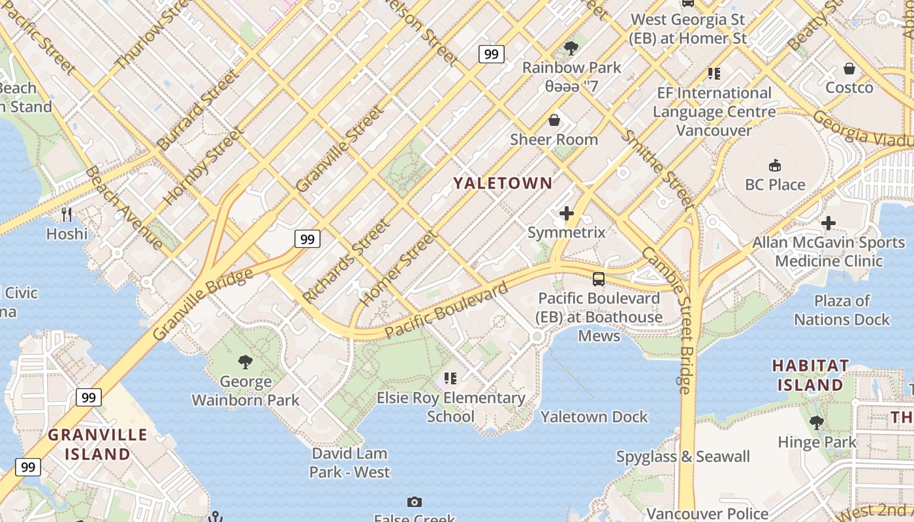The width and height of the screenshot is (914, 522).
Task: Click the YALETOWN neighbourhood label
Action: point(503,183)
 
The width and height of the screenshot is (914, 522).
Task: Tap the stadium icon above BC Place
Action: point(775,164)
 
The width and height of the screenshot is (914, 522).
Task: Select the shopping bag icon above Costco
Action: point(849,68)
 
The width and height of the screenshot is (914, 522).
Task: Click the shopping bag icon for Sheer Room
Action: point(554,120)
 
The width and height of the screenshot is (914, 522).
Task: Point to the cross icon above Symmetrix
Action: point(566,213)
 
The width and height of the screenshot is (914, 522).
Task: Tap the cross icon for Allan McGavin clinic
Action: point(828,223)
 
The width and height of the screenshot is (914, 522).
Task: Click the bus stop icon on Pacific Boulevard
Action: point(598,279)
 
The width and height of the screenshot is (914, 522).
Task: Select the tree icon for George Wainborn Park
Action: point(245,361)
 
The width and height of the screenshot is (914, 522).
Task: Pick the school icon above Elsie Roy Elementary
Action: point(450,378)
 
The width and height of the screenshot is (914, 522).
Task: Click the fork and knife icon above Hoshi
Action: point(66,214)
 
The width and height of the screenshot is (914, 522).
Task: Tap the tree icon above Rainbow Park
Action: point(571,48)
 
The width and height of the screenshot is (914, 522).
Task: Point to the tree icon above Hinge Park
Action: point(816,422)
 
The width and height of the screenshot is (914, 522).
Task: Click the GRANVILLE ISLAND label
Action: point(98,444)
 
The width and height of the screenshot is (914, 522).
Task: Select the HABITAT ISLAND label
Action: point(810,375)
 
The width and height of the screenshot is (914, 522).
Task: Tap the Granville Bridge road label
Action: point(202,304)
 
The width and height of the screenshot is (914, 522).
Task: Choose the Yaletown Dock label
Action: point(593,416)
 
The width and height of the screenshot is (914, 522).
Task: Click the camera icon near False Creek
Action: point(414,502)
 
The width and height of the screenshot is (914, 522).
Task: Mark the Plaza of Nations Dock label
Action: point(842,310)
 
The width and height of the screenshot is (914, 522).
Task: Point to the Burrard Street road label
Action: point(197,110)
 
